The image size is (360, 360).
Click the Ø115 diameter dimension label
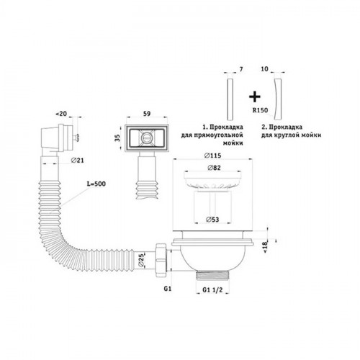(212, 156)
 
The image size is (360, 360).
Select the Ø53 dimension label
(212, 220)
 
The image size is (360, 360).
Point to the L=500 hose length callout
(96, 184)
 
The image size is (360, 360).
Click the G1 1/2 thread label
(212, 289)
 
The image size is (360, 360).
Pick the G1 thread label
(168, 289)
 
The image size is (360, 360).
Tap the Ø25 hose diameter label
(141, 261)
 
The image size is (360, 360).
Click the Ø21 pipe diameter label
(78, 160)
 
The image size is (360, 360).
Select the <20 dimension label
(61, 114)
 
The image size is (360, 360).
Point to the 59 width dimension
(147, 114)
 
